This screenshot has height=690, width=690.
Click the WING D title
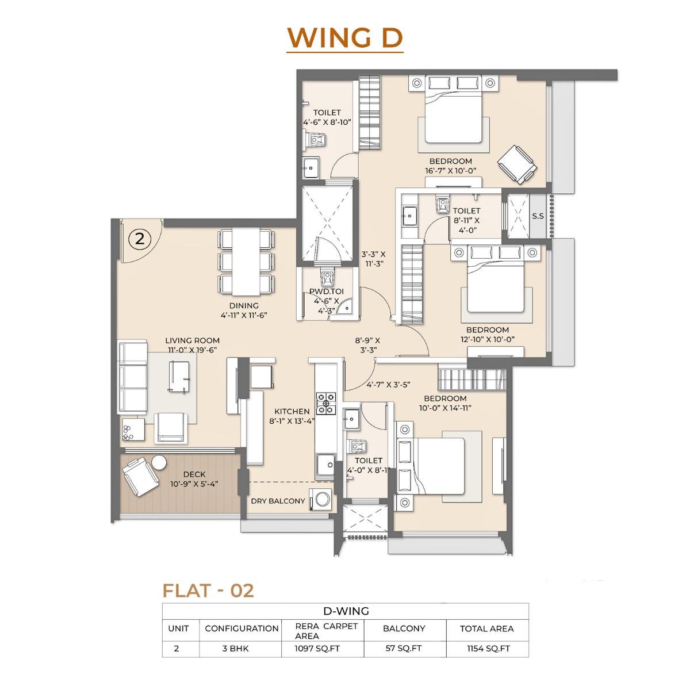[345, 37]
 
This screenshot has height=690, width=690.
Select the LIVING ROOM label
[192, 340]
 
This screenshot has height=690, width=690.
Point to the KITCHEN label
[292, 412]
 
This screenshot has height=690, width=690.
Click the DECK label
[194, 474]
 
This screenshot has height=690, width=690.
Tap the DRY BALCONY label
[278, 501]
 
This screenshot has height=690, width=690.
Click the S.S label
[538, 216]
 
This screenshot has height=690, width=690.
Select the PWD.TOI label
[326, 292]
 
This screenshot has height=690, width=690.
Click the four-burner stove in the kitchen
[325, 403]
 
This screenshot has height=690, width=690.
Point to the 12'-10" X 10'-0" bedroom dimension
[487, 339]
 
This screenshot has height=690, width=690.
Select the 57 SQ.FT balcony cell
[403, 649]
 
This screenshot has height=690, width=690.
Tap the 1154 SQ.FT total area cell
[486, 649]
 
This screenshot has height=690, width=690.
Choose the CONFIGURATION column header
[241, 628]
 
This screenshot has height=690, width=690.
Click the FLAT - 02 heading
[208, 591]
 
